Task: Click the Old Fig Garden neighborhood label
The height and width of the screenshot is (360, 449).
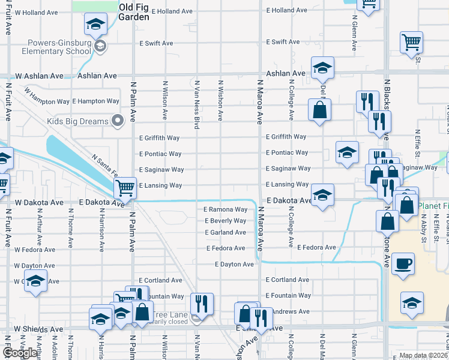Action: point(134,12)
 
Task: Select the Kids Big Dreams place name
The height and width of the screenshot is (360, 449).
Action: point(78,121)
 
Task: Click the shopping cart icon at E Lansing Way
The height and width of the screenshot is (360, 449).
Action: point(125,188)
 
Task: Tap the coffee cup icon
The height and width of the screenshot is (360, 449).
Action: point(403,264)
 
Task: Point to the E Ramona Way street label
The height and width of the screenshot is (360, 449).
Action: point(225,209)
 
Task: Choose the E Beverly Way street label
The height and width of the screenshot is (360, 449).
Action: point(225,221)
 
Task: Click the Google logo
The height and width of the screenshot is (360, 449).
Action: point(20,353)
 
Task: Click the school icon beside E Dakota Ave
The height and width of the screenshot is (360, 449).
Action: point(322,195)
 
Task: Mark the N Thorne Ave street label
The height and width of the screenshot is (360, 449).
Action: point(71,228)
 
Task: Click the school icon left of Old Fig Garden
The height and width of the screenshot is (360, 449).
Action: point(95,25)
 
